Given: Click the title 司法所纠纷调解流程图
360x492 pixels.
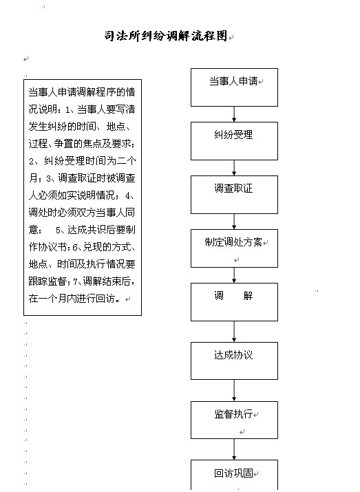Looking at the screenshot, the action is (x=166, y=36).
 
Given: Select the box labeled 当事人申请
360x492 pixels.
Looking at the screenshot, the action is (x=234, y=87).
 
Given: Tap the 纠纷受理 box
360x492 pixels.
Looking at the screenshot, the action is (x=234, y=141).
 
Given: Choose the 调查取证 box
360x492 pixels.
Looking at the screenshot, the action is (x=234, y=195).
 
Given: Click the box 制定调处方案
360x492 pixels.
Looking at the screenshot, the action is (x=234, y=248).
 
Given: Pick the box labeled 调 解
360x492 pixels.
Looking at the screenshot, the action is (x=234, y=302).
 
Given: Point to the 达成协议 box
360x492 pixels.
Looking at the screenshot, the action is (x=234, y=361).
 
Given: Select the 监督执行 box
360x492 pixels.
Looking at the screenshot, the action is (x=234, y=420).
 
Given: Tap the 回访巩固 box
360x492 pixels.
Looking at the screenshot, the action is (x=234, y=475).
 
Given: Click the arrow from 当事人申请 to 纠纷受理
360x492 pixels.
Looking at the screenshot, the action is (x=234, y=114).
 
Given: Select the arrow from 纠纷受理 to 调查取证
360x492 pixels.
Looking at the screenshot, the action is (x=234, y=168).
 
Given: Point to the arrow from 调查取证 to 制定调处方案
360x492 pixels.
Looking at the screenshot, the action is (x=234, y=222).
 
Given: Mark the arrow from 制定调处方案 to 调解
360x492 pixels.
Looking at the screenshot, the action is (x=234, y=275).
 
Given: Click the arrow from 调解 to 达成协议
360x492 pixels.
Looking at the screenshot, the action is (x=234, y=332).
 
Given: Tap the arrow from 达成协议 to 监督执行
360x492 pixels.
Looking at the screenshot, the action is (x=234, y=390).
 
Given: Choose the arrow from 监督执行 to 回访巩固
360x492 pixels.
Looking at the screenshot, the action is (x=234, y=449).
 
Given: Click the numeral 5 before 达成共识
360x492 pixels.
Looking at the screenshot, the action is (x=58, y=231).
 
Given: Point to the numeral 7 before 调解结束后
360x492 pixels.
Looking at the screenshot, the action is (x=75, y=281).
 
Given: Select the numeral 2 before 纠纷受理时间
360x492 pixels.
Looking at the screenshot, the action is (x=32, y=162).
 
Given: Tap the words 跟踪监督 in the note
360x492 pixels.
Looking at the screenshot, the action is (x=47, y=281).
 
